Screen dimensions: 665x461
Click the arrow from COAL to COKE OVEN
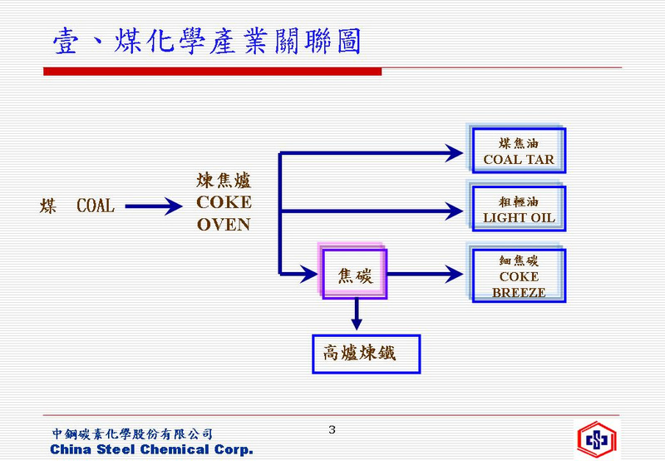click(154, 206)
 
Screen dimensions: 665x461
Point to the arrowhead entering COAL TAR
click(454, 153)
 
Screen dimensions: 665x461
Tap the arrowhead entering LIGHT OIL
click(454, 211)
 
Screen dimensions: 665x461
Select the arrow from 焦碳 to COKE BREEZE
click(426, 274)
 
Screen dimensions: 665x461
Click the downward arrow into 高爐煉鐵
click(357, 315)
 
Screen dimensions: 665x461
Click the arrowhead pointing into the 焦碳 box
click(308, 274)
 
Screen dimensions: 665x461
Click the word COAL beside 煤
click(96, 206)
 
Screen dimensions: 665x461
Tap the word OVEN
click(224, 225)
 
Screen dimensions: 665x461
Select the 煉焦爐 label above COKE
click(224, 181)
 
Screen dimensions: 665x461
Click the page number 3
click(332, 429)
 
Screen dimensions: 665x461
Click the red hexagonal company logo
click(596, 439)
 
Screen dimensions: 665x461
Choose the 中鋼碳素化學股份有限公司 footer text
click(132, 434)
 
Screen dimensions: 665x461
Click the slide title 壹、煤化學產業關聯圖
click(207, 41)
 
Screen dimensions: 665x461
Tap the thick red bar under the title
click(213, 72)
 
